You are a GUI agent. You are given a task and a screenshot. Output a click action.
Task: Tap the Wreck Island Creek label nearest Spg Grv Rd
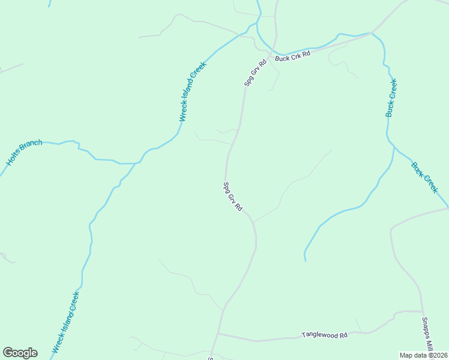tap(193, 92)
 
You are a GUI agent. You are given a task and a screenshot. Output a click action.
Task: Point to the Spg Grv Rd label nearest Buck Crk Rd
tap(255, 73)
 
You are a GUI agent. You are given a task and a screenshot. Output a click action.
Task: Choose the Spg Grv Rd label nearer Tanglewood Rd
tap(232, 197)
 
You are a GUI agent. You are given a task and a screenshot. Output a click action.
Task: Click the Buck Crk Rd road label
tap(292, 56)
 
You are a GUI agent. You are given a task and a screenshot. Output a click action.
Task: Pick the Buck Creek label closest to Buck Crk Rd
tap(391, 97)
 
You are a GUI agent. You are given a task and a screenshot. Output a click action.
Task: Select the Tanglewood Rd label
tap(325, 334)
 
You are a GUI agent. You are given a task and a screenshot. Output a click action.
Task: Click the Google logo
tap(20, 353)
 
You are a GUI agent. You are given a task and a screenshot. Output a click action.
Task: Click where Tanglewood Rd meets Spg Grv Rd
tap(218, 333)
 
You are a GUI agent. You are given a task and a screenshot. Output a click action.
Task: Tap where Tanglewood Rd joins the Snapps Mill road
tap(422, 312)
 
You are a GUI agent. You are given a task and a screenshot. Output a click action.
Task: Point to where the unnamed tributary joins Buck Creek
tap(393, 146)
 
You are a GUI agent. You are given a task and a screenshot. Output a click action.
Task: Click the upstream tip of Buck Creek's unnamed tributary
tap(305, 260)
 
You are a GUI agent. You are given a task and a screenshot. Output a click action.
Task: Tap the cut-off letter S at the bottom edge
tap(211, 358)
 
